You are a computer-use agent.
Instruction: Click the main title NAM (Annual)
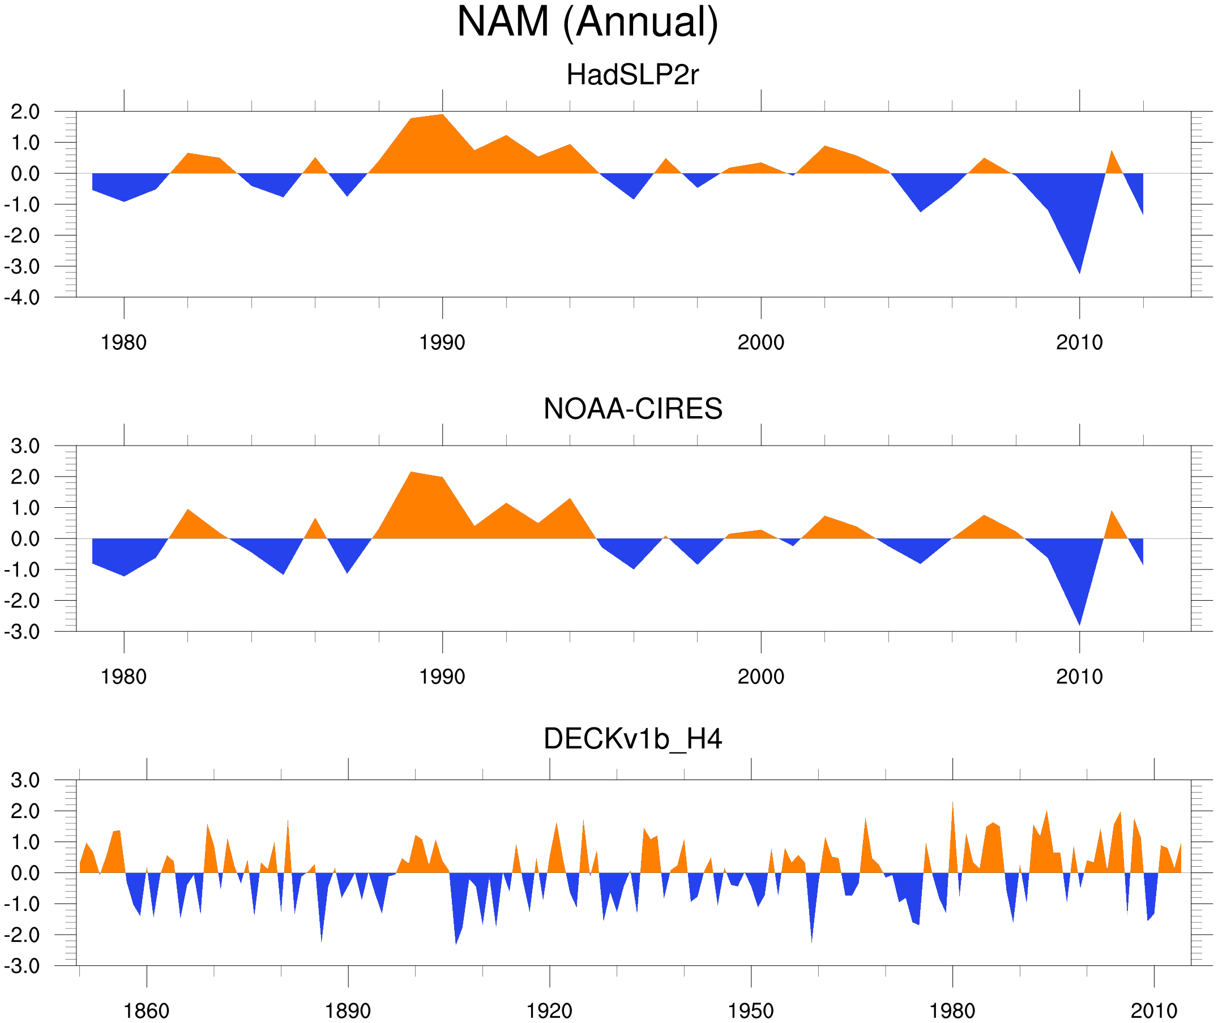[x=587, y=22]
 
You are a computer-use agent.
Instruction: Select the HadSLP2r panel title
[x=632, y=75]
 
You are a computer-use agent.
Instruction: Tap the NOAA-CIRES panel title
[x=632, y=409]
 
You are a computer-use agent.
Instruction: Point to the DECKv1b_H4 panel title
[x=632, y=739]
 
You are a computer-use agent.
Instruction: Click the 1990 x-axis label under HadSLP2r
[x=442, y=343]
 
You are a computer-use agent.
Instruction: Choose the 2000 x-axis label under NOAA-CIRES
[x=760, y=677]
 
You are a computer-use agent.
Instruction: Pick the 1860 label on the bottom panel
[x=146, y=1011]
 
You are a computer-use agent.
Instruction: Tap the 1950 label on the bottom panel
[x=750, y=1011]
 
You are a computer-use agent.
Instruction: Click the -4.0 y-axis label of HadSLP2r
[x=22, y=298]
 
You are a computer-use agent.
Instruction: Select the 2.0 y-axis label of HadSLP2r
[x=25, y=112]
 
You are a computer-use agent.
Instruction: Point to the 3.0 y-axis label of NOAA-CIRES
[x=25, y=447]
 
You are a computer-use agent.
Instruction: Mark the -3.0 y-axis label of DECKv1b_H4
[x=22, y=966]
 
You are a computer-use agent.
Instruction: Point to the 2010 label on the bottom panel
[x=1153, y=1011]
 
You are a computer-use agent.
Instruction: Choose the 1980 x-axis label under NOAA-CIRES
[x=123, y=677]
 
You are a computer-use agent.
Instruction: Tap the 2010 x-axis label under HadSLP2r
[x=1079, y=343]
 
